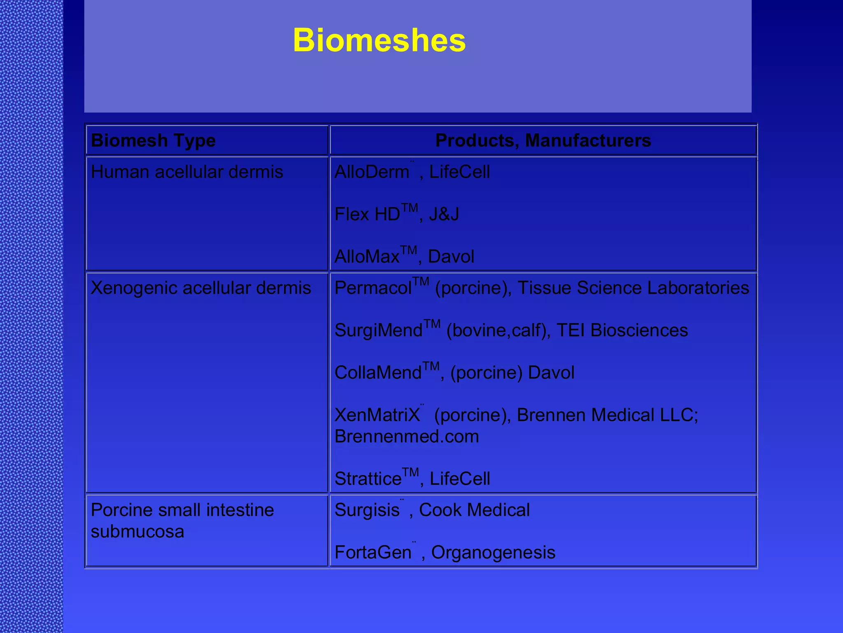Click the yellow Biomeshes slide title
pos(379,40)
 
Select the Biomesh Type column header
pos(153,141)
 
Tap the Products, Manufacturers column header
pos(543,141)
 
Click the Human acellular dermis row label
pos(187,172)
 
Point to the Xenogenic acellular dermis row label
pos(201,288)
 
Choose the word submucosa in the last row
pos(137,532)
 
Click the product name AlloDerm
pos(372,172)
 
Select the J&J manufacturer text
pos(444,214)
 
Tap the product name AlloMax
pos(367,257)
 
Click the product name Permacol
pos(373,288)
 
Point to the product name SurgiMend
pos(378,331)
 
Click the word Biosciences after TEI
pos(639,331)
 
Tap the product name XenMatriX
pos(377,415)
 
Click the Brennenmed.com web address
pos(407,436)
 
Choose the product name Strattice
pos(368,479)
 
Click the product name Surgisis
pos(367,510)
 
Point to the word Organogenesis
pos(493,553)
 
